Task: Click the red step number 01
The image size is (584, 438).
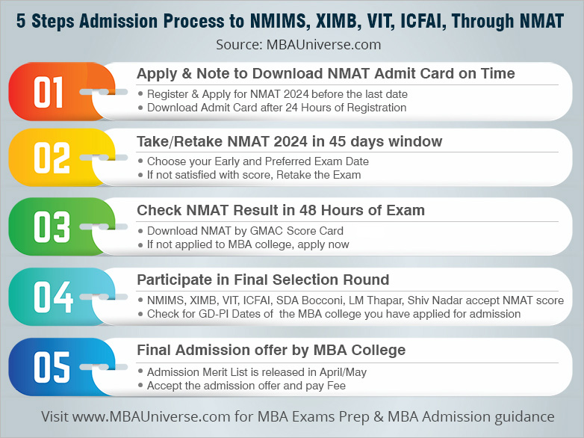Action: click(49, 94)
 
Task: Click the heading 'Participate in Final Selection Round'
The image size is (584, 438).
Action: click(263, 280)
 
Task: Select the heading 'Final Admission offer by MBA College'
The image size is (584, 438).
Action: click(271, 350)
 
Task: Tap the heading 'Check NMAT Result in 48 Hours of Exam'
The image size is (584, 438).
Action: click(281, 211)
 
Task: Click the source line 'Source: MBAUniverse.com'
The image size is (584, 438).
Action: click(299, 44)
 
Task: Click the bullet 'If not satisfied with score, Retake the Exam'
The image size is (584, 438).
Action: click(254, 175)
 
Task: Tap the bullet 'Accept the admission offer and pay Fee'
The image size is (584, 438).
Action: click(246, 386)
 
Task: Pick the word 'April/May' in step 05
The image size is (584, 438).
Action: click(343, 372)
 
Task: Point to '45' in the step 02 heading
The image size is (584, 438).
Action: click(343, 142)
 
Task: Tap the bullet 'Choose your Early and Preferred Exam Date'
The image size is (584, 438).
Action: click(258, 161)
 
